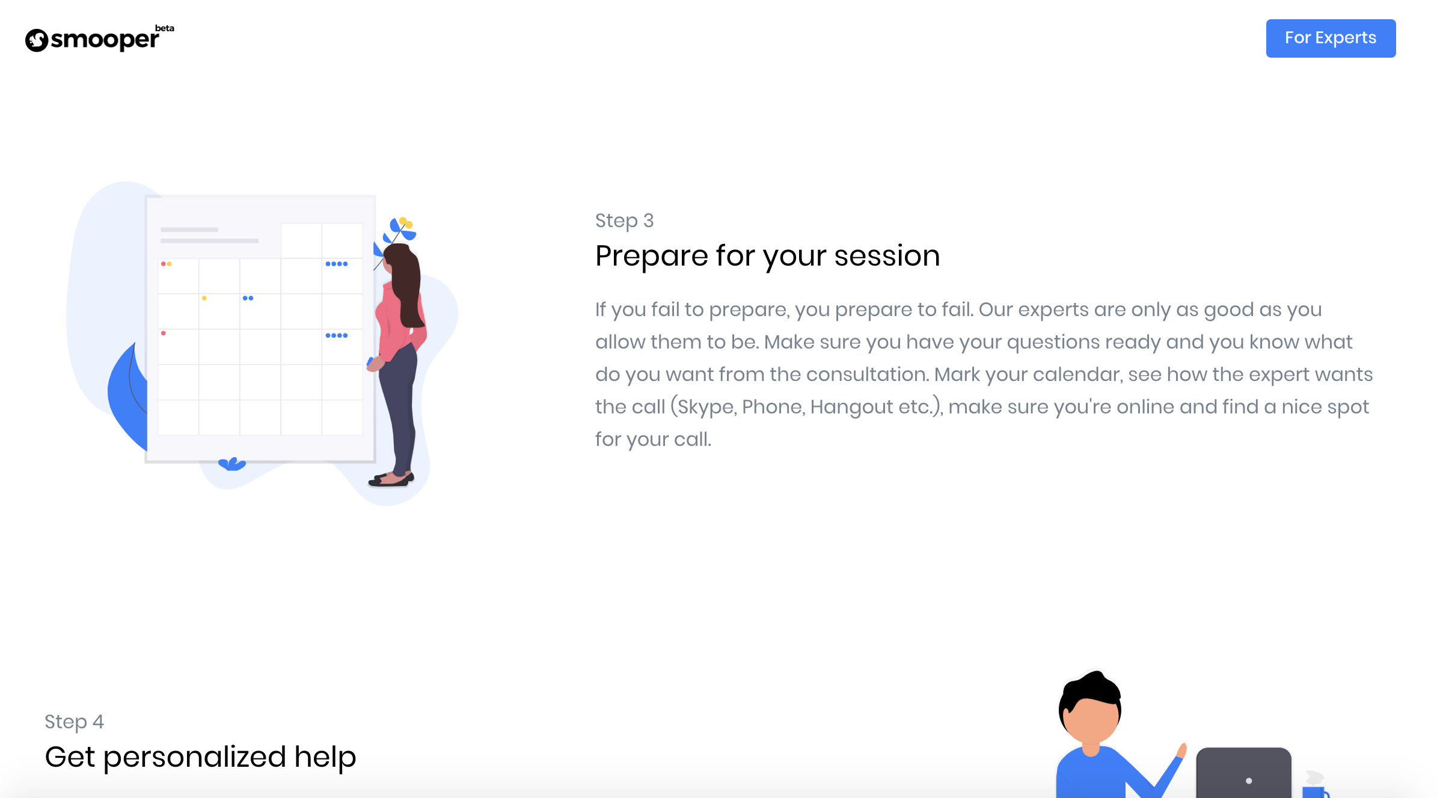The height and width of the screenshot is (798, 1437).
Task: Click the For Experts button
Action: point(1331,38)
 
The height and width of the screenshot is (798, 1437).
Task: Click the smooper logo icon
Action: point(37,40)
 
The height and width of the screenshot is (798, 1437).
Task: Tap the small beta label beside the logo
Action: point(164,28)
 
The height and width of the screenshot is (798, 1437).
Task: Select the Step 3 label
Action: point(624,221)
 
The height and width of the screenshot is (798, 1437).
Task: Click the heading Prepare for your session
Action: point(768,256)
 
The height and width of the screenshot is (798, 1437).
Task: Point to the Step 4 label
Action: point(74,722)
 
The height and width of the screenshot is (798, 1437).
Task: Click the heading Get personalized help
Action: point(201,757)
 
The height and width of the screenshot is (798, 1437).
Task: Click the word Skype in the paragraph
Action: point(705,407)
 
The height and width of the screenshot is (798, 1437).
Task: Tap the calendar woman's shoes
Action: point(391,479)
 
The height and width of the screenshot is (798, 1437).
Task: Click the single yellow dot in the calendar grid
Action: point(204,298)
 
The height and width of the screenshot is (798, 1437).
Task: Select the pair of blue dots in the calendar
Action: point(248,298)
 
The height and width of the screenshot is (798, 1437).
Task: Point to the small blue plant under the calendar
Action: point(232,464)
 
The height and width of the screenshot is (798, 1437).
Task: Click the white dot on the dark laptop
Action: point(1249,781)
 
